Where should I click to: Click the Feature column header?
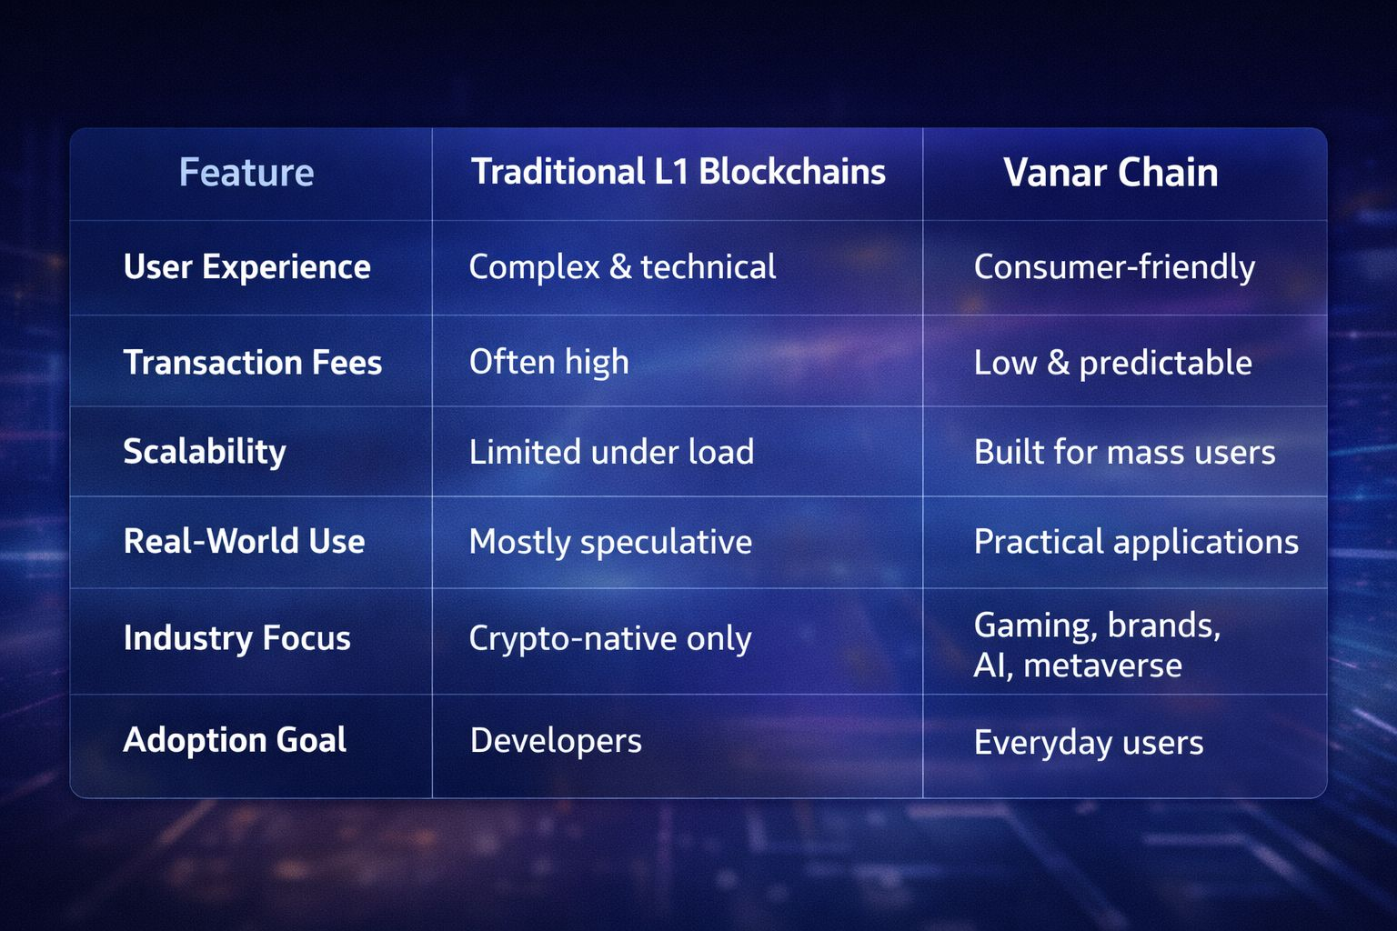[x=246, y=172]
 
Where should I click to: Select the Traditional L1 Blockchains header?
[x=678, y=172]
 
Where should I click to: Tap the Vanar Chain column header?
[x=1111, y=172]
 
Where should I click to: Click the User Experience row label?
[x=247, y=267]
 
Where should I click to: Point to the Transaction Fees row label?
[x=253, y=362]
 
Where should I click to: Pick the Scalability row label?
[x=205, y=452]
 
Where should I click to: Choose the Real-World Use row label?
[x=244, y=541]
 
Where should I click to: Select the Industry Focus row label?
[x=237, y=638]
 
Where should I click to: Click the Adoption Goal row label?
[x=235, y=740]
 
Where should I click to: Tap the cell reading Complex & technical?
[x=622, y=267]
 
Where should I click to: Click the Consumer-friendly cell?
[x=1114, y=267]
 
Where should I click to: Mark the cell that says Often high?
[x=548, y=362]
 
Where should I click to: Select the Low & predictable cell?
[x=1113, y=362]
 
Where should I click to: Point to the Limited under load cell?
[x=611, y=452]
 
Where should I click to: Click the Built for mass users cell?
[x=1124, y=452]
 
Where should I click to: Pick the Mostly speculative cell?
[x=610, y=542]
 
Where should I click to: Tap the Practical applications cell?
[x=1136, y=542]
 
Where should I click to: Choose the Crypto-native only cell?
[x=610, y=639]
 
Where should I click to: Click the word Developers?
[x=556, y=741]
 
